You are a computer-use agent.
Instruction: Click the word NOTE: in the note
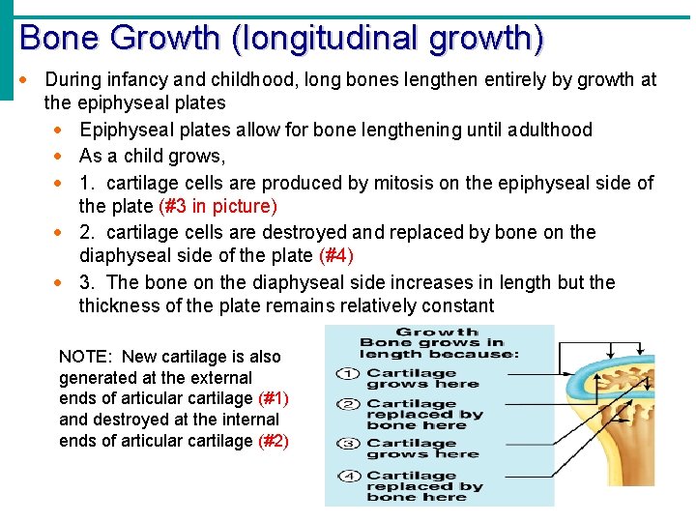pos(85,357)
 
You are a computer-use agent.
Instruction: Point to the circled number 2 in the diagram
pos(348,404)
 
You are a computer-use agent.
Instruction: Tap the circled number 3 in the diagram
pos(348,444)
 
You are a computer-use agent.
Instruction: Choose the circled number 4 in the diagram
pos(348,476)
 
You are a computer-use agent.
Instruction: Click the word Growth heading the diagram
pos(437,332)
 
